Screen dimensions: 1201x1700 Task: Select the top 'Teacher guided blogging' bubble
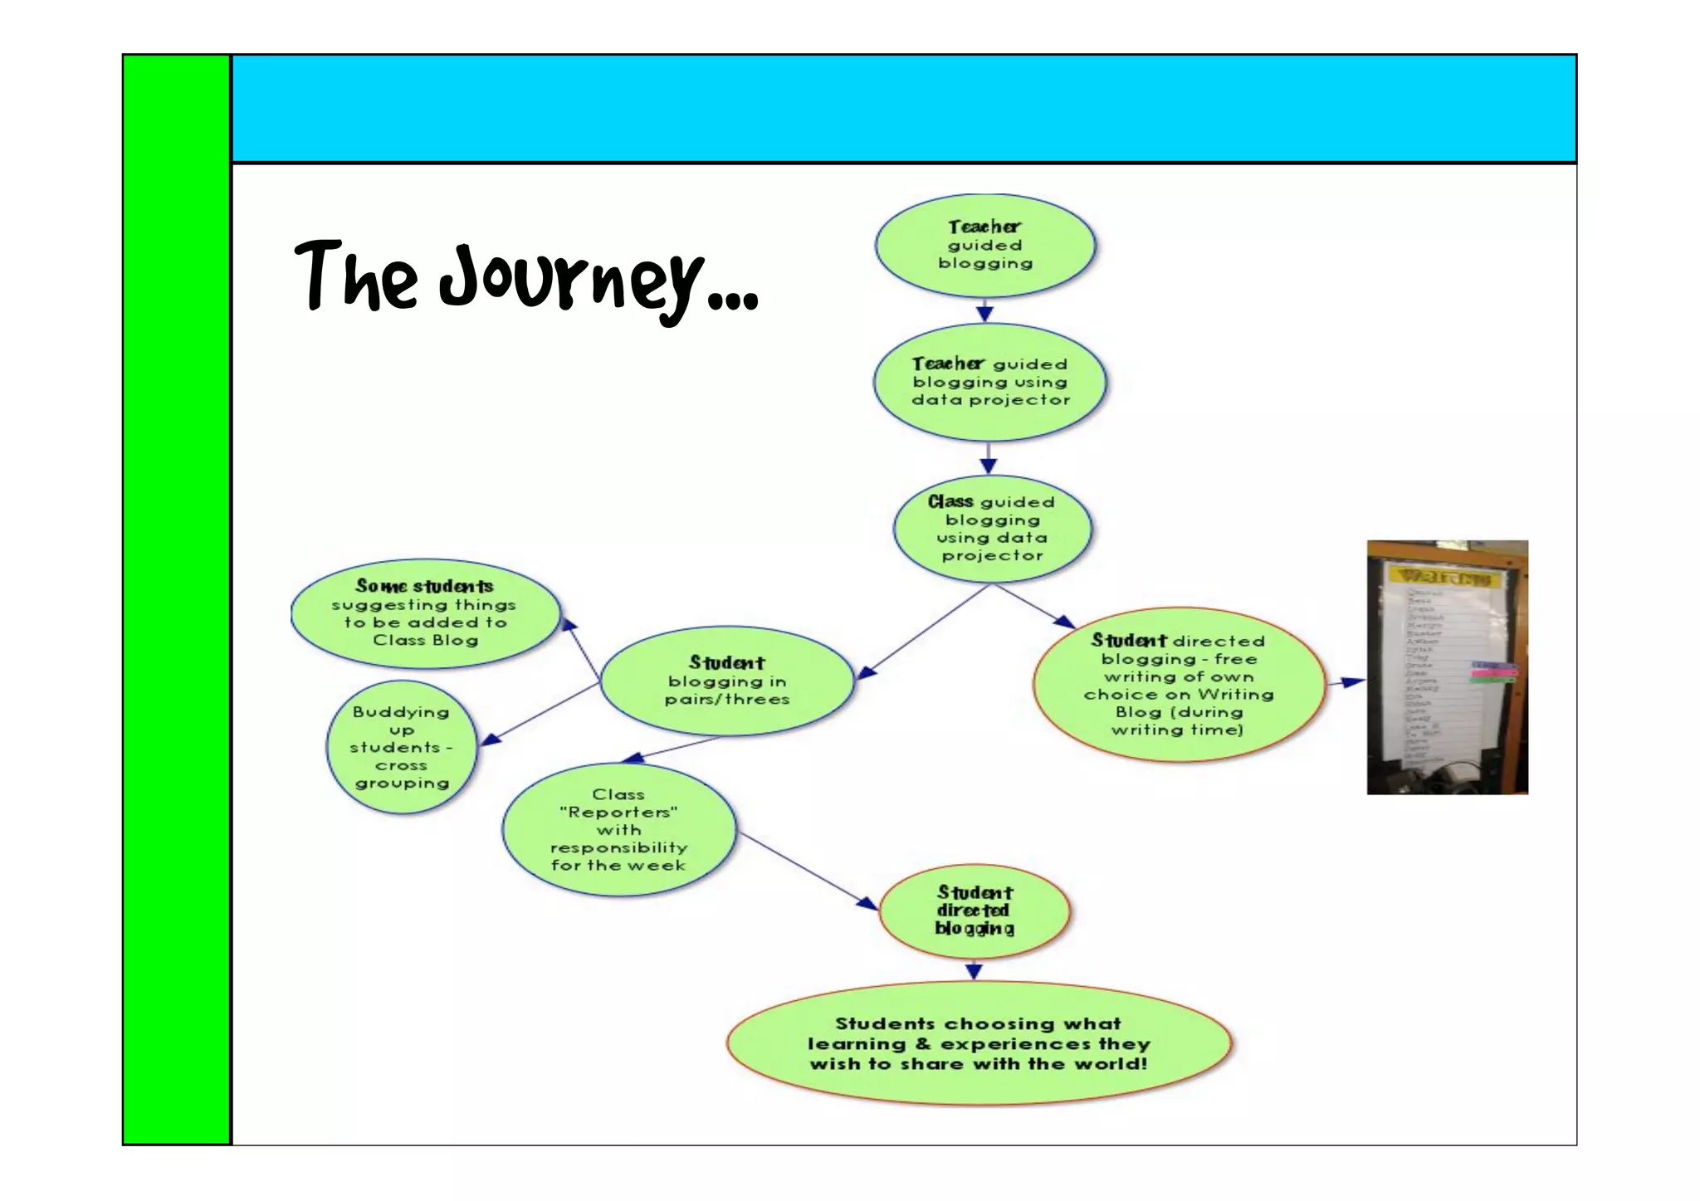point(985,246)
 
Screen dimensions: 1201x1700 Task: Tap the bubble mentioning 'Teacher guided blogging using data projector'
point(989,382)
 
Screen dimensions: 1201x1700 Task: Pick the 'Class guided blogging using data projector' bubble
point(992,529)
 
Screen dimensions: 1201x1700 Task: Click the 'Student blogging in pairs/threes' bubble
point(726,681)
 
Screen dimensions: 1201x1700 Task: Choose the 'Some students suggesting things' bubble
point(425,613)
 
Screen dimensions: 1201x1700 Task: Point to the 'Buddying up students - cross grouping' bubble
point(402,747)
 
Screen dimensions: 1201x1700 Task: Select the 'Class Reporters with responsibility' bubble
point(618,829)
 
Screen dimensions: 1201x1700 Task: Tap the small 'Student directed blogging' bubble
point(975,911)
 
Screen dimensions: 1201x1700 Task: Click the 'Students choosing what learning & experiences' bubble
point(979,1043)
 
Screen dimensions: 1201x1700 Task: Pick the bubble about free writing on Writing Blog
point(1178,685)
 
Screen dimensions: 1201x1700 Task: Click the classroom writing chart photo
point(1447,667)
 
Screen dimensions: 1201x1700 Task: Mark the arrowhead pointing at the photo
point(1353,681)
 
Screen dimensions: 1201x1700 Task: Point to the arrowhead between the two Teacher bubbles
point(984,314)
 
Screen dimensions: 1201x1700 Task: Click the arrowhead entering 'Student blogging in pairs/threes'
point(866,672)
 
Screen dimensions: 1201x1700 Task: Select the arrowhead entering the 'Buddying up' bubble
point(491,738)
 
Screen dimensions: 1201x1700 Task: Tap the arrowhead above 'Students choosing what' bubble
point(975,971)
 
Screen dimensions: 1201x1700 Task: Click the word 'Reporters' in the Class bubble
point(618,812)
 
